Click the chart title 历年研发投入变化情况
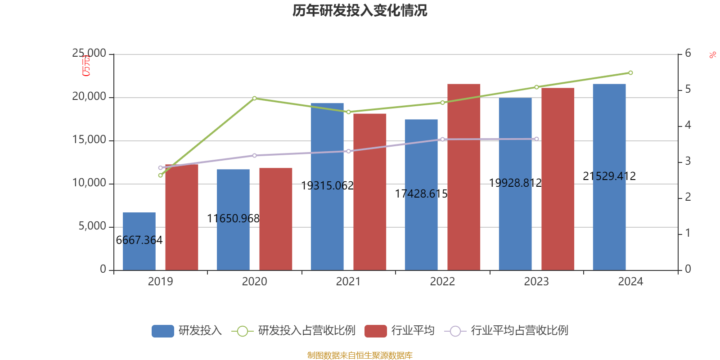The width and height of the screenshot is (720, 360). point(360,10)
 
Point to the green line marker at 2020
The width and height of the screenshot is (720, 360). point(254,98)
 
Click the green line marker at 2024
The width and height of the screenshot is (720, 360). point(630,73)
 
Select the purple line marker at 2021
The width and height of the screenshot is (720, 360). point(348,151)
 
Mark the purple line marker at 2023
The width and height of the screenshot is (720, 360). point(536,139)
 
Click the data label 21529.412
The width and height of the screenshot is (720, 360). point(609,176)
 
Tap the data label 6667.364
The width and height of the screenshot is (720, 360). point(139,240)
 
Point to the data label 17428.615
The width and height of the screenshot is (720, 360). point(421,193)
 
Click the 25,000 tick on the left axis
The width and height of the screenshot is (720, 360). point(89,54)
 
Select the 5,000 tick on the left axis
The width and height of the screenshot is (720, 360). point(92,226)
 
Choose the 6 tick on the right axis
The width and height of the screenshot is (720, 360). point(688,54)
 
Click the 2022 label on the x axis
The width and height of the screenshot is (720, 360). point(442,282)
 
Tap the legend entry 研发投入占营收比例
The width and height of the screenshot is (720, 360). point(306,331)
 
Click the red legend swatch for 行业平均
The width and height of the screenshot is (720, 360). point(375,331)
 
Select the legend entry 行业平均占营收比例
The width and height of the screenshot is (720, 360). point(519,331)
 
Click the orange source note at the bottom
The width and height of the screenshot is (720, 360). point(360,355)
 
